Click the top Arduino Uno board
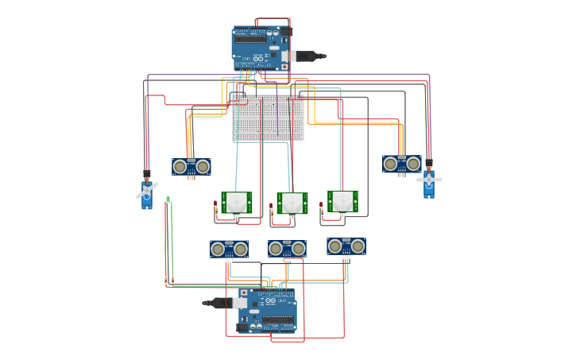point(261,46)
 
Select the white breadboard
point(268,118)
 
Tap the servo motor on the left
point(147,193)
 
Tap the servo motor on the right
point(428,182)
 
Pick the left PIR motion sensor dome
point(236,203)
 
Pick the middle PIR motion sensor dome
point(292,203)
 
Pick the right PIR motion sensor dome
point(342,201)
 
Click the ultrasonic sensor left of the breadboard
point(191,167)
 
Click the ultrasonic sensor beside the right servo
point(401,164)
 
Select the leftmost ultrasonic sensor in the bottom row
point(229,250)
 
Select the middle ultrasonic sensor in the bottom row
point(287,250)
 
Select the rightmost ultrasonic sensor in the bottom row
point(346,246)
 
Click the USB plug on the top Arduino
point(307,56)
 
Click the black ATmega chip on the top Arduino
point(253,37)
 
